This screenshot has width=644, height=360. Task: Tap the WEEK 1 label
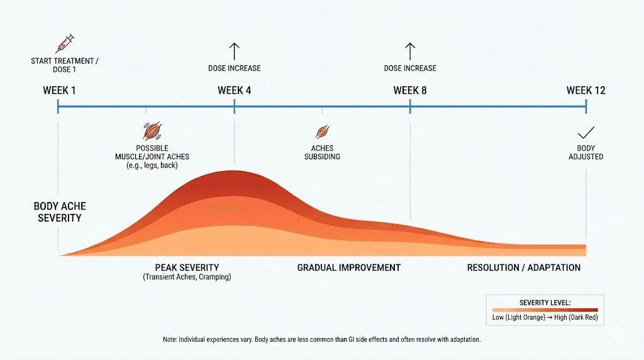click(x=59, y=91)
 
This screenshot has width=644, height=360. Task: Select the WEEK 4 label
click(x=235, y=91)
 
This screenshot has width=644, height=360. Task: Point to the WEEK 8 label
click(x=410, y=91)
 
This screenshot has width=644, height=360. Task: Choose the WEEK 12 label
click(x=586, y=91)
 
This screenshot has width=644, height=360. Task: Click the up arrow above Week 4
click(x=235, y=51)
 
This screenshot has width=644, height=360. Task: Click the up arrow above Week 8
click(x=410, y=51)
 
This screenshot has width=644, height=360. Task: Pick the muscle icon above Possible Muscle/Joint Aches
click(x=152, y=131)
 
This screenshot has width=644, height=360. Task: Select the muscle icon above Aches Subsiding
click(x=322, y=132)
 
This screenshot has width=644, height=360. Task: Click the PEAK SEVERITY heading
click(x=187, y=267)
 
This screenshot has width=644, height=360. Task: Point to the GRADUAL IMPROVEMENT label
click(x=348, y=267)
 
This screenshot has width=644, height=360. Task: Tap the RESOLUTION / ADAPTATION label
click(x=523, y=267)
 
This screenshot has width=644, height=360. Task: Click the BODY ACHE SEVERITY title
click(x=60, y=212)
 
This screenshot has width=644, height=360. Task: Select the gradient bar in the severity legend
click(x=545, y=310)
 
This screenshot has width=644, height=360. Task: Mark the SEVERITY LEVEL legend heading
click(x=545, y=303)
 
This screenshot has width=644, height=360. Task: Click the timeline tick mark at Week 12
click(x=586, y=108)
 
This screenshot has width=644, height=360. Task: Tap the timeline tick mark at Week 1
click(x=58, y=108)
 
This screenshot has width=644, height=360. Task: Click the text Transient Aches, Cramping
click(x=187, y=277)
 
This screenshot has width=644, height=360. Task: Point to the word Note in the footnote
click(x=170, y=340)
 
